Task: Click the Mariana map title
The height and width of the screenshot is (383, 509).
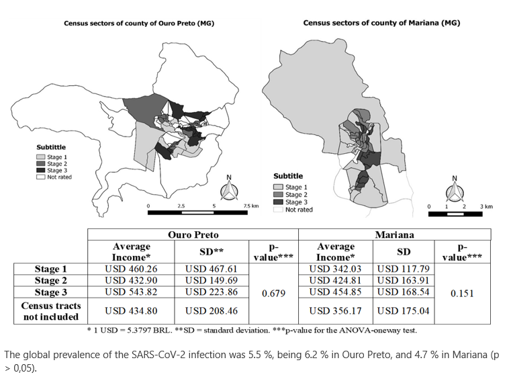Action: [381, 23]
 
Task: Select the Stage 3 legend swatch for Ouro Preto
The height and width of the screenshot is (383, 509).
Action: [40, 171]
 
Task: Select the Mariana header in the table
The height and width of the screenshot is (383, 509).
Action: [394, 235]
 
